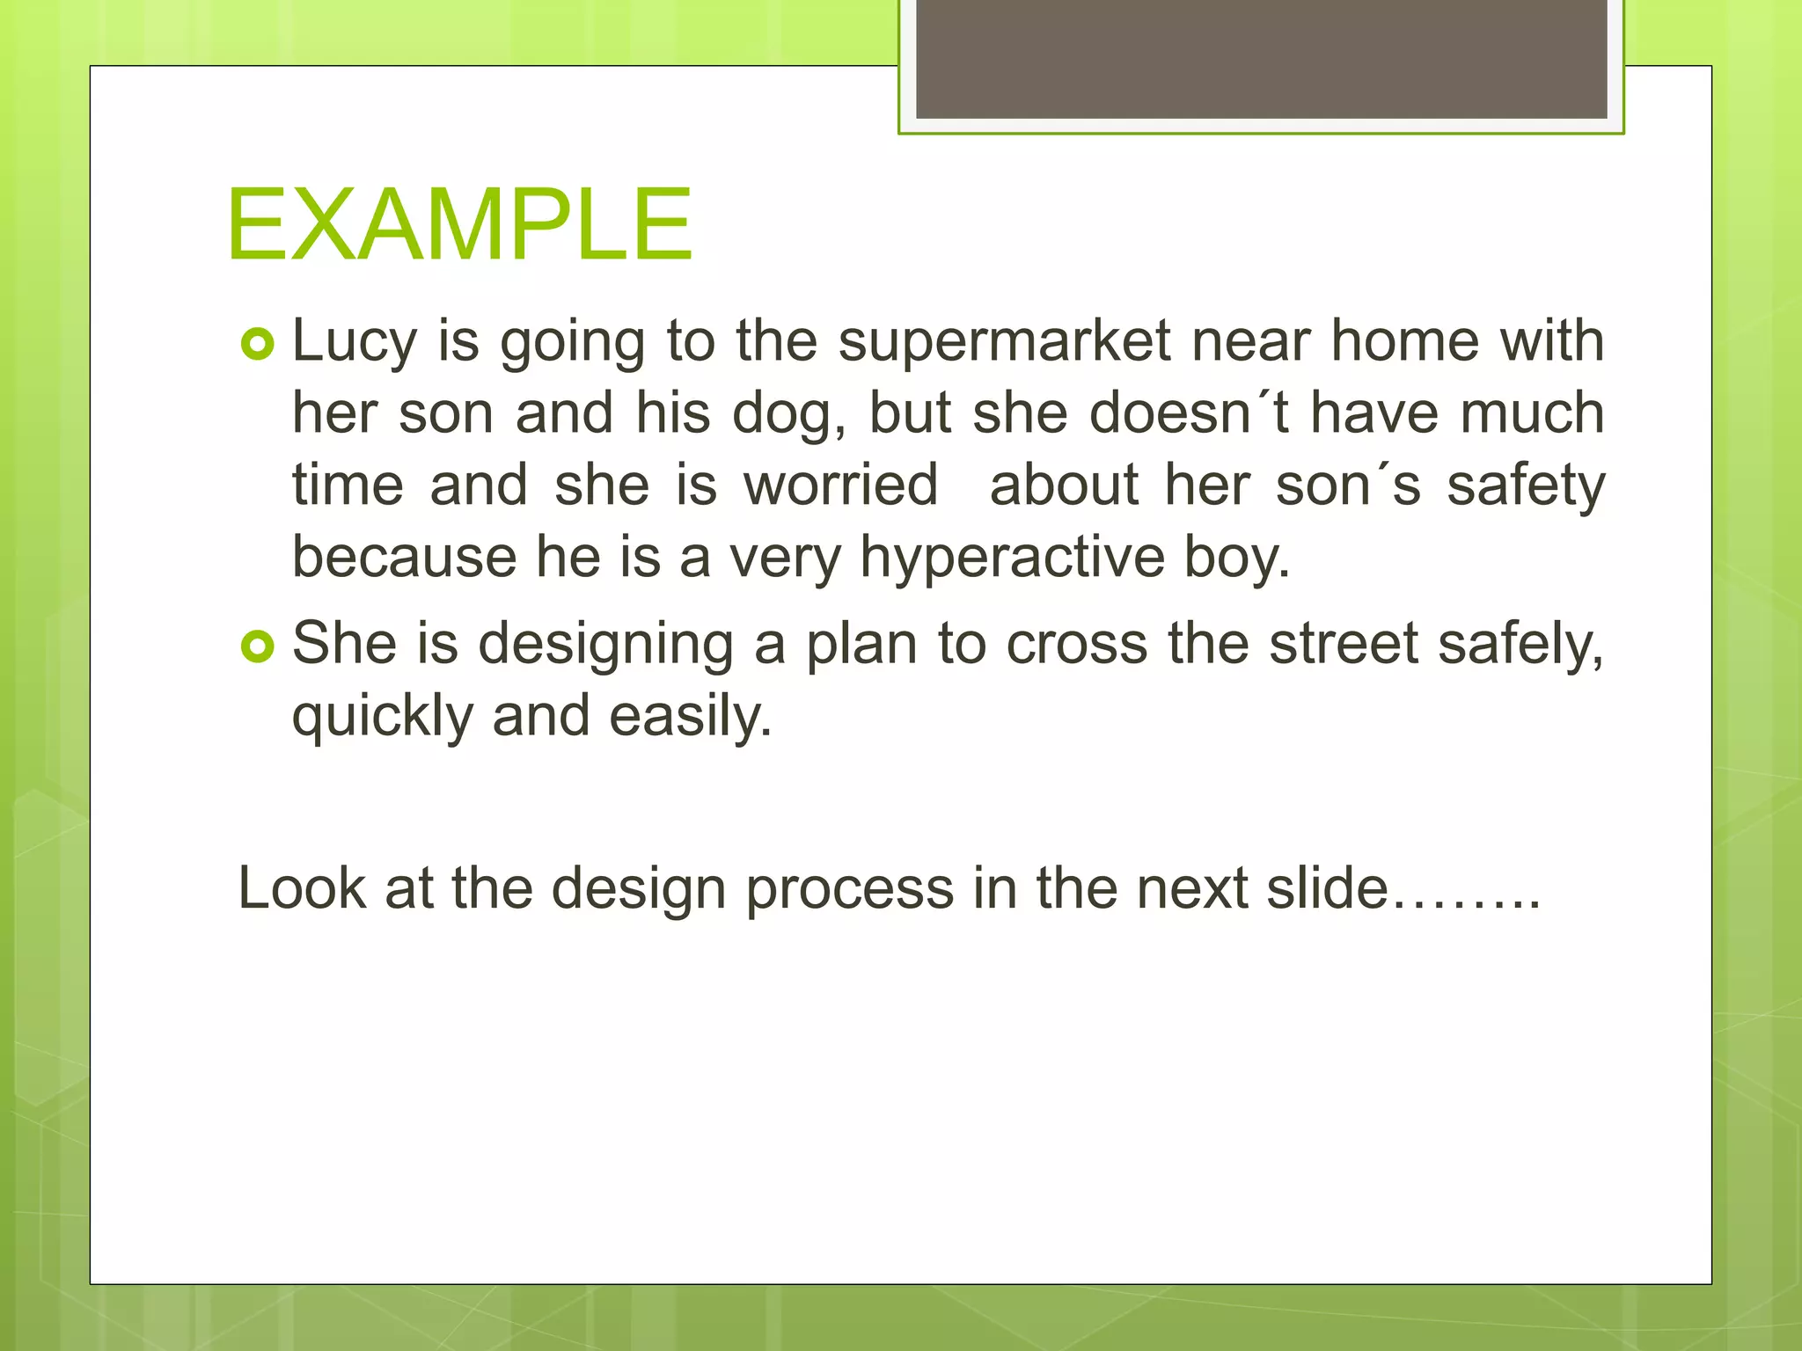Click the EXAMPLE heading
tap(459, 225)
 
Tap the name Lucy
tap(354, 341)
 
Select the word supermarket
tap(1004, 341)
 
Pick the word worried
tap(840, 486)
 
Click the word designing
tap(605, 644)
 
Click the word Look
tap(301, 888)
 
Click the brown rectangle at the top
tap(1261, 59)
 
